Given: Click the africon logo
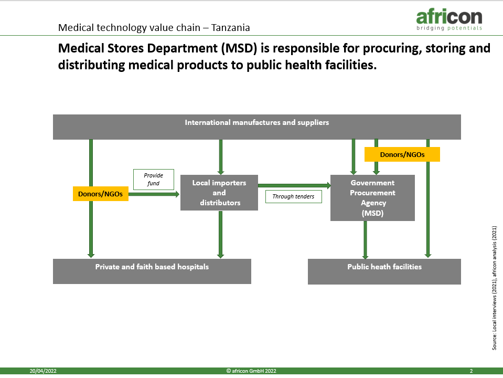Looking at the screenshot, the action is click(x=449, y=20).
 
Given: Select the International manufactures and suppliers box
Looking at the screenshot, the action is click(x=257, y=127).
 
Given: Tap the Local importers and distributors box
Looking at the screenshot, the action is click(x=219, y=193).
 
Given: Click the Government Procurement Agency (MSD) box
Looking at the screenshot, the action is click(x=372, y=198).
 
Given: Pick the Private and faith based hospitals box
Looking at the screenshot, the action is click(x=152, y=271).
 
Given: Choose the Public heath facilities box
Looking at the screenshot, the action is click(x=384, y=271).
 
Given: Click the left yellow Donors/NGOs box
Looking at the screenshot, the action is click(x=101, y=194).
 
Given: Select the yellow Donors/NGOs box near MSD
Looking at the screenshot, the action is click(x=402, y=154).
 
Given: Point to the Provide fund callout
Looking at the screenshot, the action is click(x=154, y=180).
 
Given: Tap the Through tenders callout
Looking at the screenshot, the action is click(x=294, y=196).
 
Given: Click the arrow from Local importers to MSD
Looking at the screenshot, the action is click(x=294, y=185).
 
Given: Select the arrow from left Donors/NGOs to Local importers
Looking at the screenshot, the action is click(x=154, y=194).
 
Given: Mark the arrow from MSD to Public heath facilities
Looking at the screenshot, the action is click(x=365, y=240).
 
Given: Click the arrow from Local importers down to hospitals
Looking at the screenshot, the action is click(x=220, y=235).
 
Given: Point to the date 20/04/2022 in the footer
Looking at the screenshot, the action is click(x=43, y=371).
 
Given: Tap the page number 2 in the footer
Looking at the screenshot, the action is click(x=471, y=371).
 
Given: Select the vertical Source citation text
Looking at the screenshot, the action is click(x=494, y=288).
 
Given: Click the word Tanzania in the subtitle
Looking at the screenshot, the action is click(x=231, y=28).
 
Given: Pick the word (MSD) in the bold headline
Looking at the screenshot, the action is click(x=239, y=48).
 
